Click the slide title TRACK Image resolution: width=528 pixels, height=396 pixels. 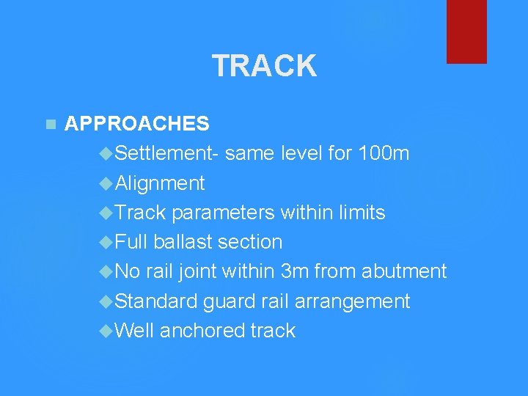264,66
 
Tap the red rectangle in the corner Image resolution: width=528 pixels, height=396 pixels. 466,31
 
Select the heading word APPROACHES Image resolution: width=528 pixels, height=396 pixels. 137,124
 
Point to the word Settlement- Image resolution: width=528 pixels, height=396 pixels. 166,154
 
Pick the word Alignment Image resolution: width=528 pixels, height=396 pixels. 160,183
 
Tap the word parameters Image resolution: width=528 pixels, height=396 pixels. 224,213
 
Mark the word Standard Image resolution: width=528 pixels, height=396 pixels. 156,301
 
